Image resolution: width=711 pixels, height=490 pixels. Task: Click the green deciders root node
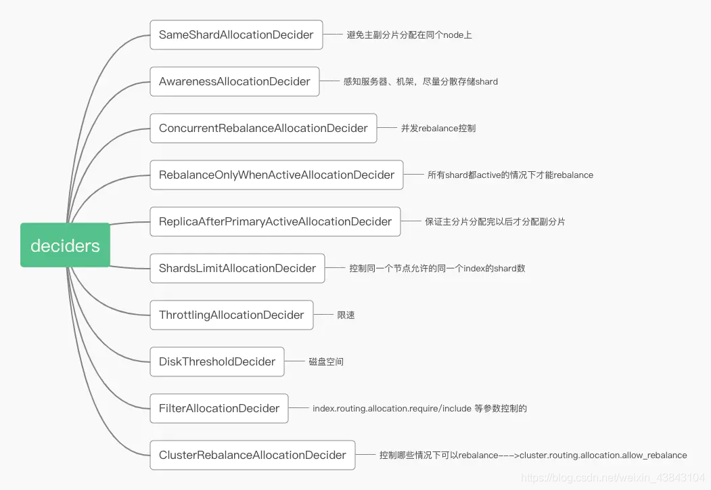[66, 245]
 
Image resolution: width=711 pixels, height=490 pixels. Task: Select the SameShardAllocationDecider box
[236, 35]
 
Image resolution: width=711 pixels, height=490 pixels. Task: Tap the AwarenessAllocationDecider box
[235, 81]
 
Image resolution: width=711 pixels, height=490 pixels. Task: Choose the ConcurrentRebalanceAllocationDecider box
[263, 128]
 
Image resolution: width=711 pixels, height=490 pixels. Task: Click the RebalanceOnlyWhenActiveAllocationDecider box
[277, 175]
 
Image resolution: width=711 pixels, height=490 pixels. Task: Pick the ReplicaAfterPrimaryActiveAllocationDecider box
[275, 221]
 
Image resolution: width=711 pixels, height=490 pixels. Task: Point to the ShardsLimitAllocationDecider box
[237, 268]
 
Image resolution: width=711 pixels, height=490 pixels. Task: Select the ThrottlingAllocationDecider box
[232, 315]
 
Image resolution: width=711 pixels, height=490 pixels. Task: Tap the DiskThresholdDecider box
[217, 361]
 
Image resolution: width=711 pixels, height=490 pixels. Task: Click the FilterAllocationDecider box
[219, 408]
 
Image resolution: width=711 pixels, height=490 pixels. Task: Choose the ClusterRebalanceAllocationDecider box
[252, 455]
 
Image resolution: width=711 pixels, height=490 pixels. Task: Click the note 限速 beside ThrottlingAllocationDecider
[346, 315]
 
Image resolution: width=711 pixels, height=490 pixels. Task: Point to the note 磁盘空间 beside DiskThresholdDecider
[326, 361]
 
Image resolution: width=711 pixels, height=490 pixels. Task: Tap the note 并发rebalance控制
[438, 129]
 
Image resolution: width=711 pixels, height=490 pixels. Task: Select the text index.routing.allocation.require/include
[392, 408]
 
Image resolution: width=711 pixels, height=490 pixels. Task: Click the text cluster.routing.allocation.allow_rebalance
[603, 455]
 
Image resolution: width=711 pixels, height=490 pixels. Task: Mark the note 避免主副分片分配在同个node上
[409, 35]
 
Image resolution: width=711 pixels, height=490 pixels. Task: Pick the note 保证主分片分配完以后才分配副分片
[495, 222]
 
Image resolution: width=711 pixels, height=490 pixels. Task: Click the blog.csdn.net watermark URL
[613, 477]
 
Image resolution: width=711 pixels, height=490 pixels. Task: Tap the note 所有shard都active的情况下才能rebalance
[510, 175]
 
